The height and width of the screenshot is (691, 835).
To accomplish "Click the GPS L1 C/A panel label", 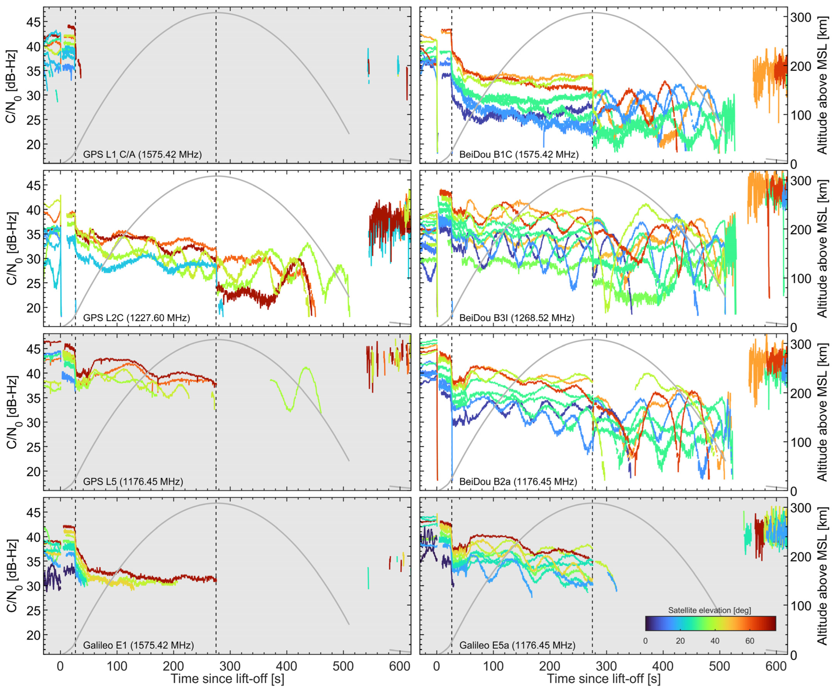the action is (x=142, y=154).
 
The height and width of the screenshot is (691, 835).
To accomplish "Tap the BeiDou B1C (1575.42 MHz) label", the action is (x=519, y=154).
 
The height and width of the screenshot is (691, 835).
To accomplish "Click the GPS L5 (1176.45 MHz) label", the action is (x=133, y=482).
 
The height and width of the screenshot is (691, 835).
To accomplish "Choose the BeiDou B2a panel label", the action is (x=518, y=482).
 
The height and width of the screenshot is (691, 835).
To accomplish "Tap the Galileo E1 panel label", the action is (x=138, y=645).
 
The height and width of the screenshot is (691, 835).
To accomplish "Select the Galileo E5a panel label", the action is (x=517, y=645).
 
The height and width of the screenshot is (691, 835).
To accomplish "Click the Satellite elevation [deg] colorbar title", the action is (x=709, y=610).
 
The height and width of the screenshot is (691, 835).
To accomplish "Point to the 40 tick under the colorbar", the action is (x=715, y=641).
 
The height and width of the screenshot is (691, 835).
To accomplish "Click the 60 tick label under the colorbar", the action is (x=749, y=641).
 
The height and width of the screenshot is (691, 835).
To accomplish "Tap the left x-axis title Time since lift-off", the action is (x=227, y=679).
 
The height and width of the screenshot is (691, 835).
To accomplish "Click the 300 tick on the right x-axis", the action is (x=606, y=666).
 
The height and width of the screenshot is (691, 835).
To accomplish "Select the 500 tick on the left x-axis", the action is (x=343, y=666).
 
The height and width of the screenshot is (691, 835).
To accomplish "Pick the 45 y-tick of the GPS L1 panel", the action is (x=33, y=22).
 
